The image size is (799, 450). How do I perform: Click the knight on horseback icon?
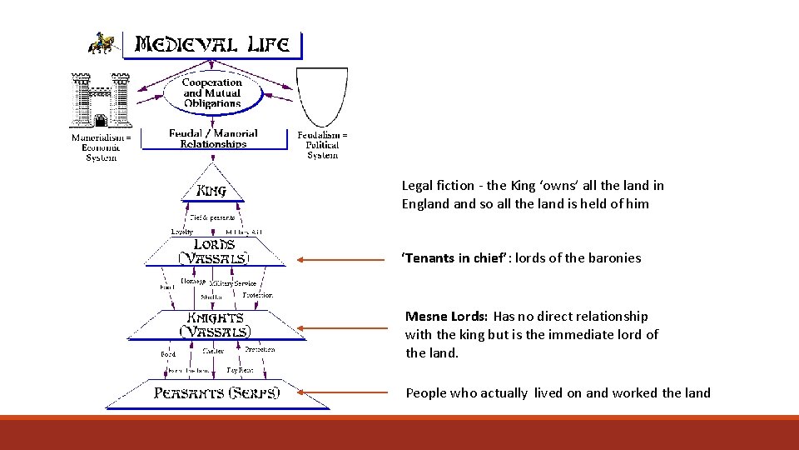[102, 43]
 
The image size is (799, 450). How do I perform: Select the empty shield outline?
[322, 97]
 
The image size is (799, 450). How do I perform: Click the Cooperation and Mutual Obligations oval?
[212, 93]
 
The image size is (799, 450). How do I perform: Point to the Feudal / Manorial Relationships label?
[213, 138]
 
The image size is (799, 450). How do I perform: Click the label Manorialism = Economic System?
[102, 147]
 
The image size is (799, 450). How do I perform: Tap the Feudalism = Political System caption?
[322, 145]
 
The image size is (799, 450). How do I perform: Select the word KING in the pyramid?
[211, 191]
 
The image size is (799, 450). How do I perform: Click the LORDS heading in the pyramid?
[214, 244]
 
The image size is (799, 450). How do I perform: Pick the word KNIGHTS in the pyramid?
[214, 317]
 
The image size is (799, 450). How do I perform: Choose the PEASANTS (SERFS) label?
[217, 392]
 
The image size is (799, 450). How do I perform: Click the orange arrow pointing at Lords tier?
[344, 259]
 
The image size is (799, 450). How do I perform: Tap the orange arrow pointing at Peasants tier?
[344, 391]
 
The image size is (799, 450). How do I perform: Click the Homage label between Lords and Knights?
[193, 282]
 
